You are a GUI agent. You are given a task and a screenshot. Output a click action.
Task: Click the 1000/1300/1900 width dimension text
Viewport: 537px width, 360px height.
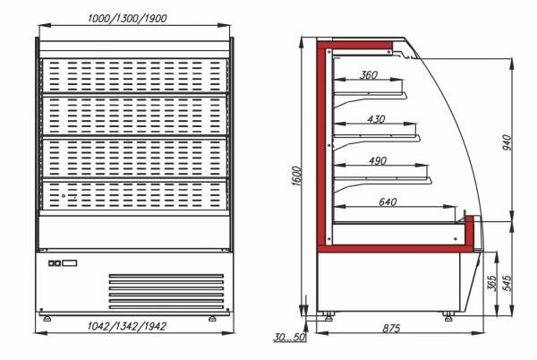click(127, 18)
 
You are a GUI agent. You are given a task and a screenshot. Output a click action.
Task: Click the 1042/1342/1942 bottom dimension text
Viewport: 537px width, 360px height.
click(127, 326)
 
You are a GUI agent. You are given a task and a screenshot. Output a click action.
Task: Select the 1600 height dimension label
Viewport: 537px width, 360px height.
click(296, 176)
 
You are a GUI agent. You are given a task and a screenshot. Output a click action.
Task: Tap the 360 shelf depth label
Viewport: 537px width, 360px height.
click(369, 74)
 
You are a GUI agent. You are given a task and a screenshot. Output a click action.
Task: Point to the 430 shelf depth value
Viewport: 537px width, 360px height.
click(376, 119)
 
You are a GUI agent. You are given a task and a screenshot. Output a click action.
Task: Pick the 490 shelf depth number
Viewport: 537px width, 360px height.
click(378, 160)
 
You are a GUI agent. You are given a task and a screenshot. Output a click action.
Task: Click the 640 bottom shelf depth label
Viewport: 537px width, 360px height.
click(388, 201)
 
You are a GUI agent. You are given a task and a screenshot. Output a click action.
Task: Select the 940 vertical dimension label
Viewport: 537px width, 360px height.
click(507, 142)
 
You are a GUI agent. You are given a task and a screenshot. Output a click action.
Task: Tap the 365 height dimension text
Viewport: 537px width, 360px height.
click(492, 283)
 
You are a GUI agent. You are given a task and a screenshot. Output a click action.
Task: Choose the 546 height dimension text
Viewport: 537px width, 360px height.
click(507, 283)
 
